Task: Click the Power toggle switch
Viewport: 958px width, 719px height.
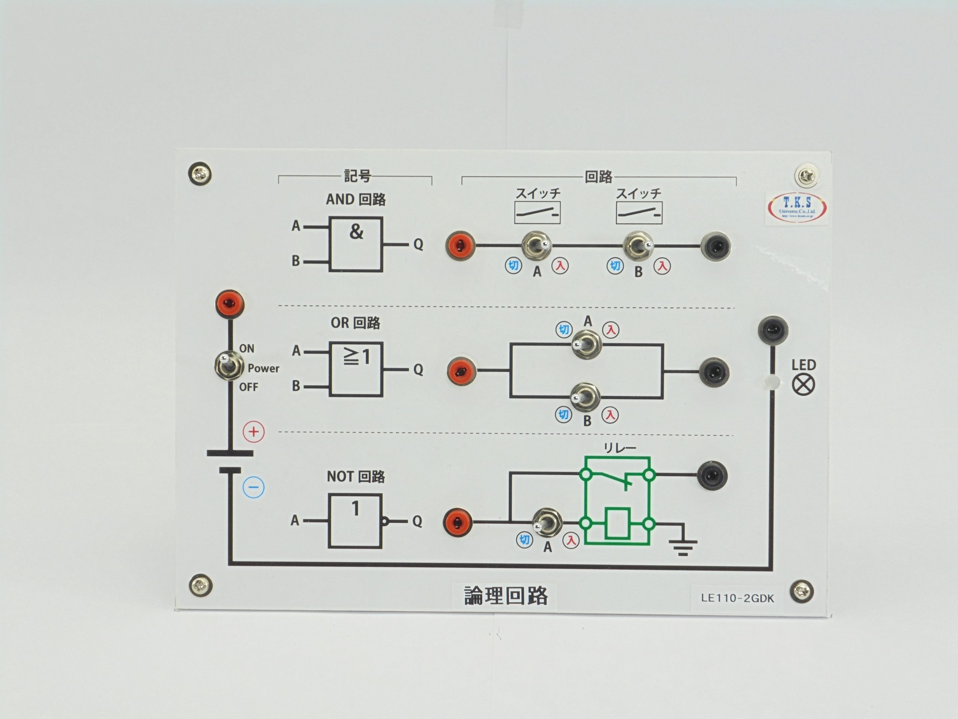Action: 228,366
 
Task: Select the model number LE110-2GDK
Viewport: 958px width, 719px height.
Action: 737,598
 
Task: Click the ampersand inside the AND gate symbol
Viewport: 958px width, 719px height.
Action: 356,231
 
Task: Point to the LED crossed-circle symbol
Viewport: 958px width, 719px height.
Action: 803,385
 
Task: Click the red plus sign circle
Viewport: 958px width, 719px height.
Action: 253,432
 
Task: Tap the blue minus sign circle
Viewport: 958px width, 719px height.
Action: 253,487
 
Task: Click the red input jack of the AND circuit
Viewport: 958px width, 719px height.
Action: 460,245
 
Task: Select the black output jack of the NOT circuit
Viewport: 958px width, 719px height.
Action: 712,476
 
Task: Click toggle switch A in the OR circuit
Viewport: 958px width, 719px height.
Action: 586,344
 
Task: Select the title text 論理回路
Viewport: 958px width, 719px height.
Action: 506,595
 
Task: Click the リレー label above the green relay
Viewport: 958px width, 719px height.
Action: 620,448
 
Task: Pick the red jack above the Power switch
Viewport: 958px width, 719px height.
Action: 229,303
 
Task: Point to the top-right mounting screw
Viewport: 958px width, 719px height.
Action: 807,176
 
